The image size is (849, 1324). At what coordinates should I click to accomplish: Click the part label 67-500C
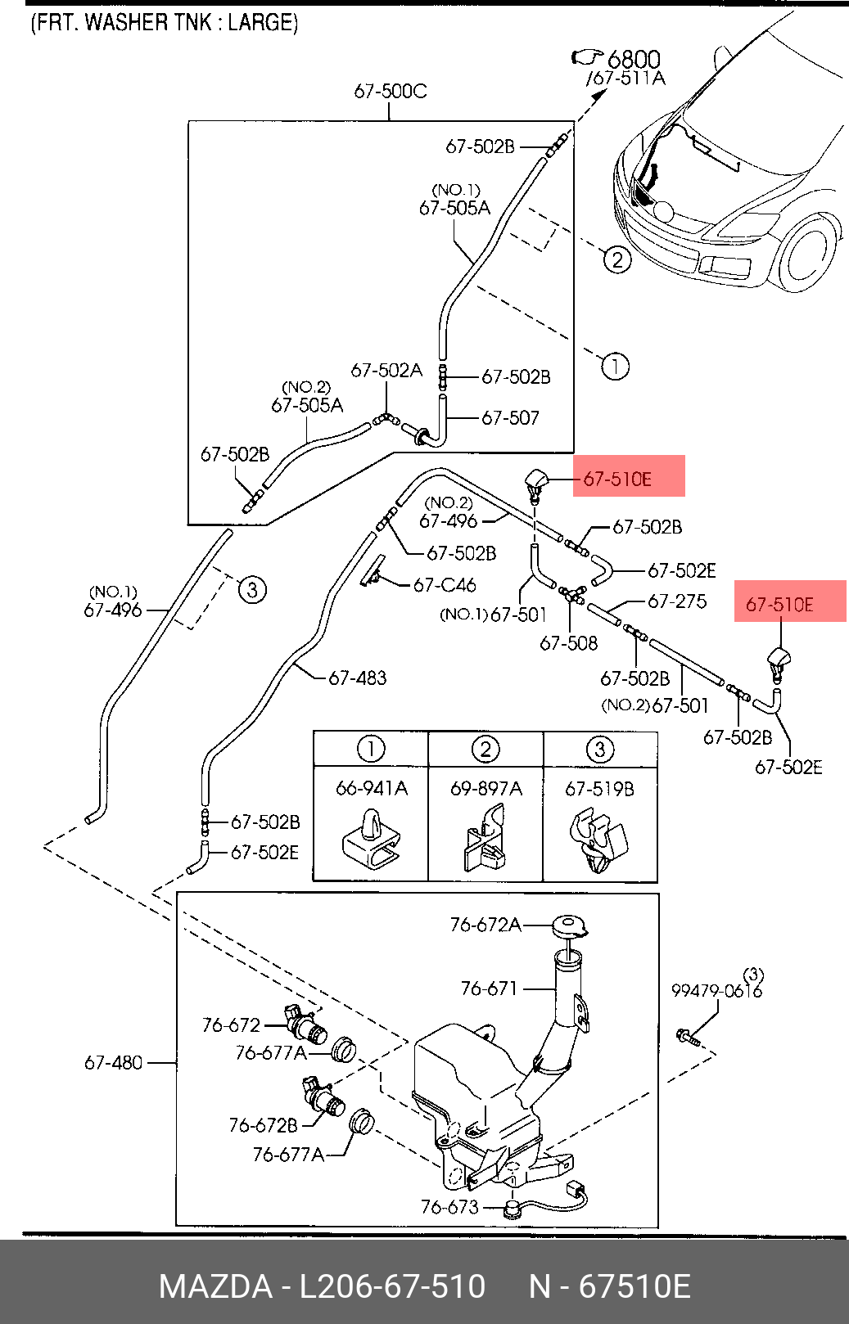390,91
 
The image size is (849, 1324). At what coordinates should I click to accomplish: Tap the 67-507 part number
510,418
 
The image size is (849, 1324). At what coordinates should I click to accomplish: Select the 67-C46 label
445,585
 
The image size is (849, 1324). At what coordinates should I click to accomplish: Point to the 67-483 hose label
357,678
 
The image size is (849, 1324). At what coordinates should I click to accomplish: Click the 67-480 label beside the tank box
113,1062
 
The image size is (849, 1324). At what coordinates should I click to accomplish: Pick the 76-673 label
449,1207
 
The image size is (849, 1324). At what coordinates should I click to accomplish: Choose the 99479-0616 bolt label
716,990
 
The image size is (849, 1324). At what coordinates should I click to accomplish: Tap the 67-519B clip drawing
599,841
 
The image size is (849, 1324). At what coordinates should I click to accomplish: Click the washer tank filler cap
570,927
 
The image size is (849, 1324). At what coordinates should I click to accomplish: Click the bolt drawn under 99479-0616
687,1038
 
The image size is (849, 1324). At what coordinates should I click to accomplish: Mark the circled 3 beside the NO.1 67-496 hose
252,589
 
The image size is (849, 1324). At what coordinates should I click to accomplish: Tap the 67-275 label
676,601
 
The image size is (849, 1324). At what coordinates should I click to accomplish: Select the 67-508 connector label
568,643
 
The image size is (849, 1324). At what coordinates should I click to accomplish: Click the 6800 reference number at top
633,59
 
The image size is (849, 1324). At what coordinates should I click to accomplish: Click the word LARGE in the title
261,22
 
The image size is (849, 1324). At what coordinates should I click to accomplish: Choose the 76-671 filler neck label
489,988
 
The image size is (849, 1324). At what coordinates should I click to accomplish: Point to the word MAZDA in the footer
215,1286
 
